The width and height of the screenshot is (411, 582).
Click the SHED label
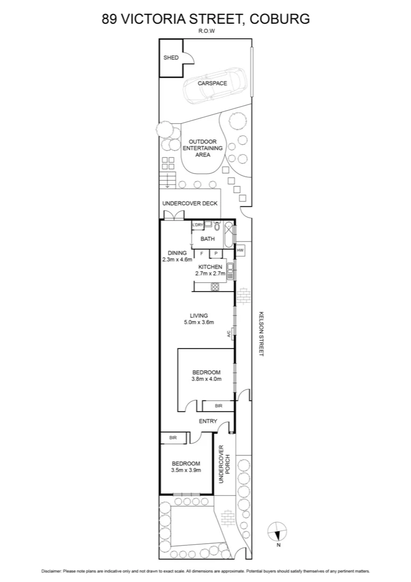pos(171,58)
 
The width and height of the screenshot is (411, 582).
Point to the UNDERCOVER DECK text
pos(190,203)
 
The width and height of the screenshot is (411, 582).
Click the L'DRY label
pos(197,225)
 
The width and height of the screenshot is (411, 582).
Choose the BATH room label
pos(208,239)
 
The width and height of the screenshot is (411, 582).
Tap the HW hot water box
pos(240,250)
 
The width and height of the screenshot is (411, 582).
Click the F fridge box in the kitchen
pos(202,253)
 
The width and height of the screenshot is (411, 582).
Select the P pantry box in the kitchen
pos(216,253)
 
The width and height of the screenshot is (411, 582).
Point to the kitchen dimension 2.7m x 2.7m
pos(210,273)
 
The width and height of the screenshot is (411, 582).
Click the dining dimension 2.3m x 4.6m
pos(177,259)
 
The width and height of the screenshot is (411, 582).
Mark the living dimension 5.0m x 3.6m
pos(199,323)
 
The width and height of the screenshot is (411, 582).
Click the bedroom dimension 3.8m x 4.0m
pos(207,379)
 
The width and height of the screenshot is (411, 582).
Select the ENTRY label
pos(208,421)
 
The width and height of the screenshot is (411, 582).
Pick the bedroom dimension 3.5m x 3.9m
pos(186,470)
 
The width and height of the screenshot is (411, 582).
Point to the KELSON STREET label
pos(261,333)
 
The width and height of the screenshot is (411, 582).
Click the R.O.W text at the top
pos(205,31)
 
